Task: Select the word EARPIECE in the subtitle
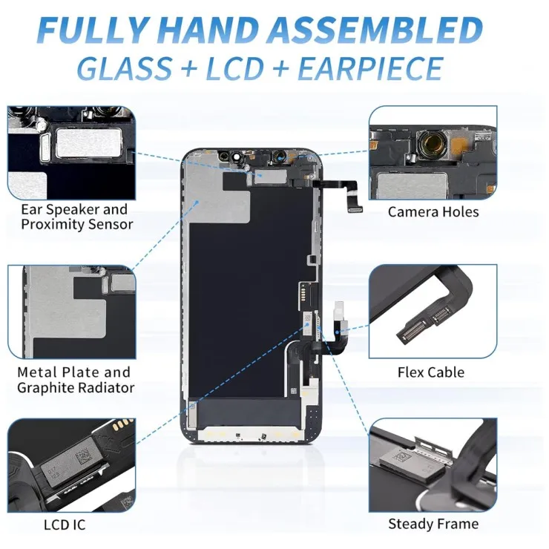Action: tap(370, 68)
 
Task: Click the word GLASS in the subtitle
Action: tap(124, 68)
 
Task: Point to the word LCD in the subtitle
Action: tap(234, 68)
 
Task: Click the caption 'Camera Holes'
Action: tap(433, 212)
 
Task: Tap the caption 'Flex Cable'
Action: tap(430, 372)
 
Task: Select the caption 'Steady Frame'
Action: tap(433, 524)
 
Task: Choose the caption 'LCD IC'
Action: tap(65, 525)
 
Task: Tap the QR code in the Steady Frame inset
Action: tap(400, 456)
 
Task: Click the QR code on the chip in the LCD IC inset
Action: tap(82, 456)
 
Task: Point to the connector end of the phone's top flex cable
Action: tap(355, 209)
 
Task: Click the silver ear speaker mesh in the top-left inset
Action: tap(89, 142)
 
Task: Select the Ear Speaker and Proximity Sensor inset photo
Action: tap(71, 153)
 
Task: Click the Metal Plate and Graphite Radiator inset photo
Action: tap(71, 312)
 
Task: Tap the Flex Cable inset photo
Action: tap(433, 312)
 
